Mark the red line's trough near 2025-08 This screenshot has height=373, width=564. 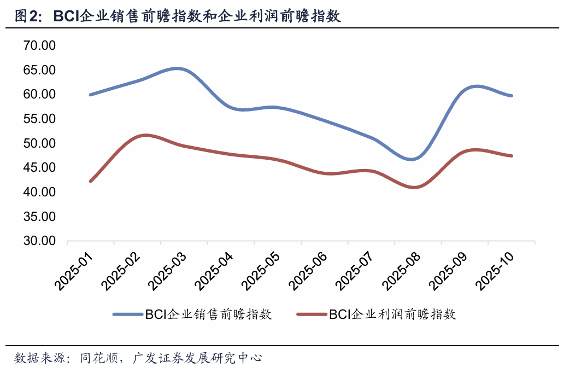(414, 188)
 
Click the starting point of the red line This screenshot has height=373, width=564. (90, 181)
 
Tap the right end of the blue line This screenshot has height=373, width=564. (512, 96)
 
